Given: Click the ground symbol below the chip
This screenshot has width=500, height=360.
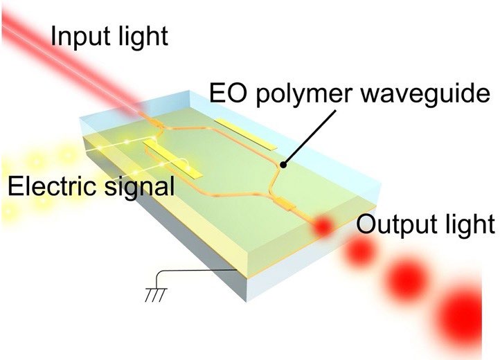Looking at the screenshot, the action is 156,295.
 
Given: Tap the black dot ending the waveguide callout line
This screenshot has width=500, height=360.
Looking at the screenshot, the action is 283,165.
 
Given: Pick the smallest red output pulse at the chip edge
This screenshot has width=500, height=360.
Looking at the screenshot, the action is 323,226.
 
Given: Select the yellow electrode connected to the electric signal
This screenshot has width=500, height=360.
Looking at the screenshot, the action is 173,159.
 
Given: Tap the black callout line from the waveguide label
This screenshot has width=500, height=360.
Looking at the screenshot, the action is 310,138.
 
